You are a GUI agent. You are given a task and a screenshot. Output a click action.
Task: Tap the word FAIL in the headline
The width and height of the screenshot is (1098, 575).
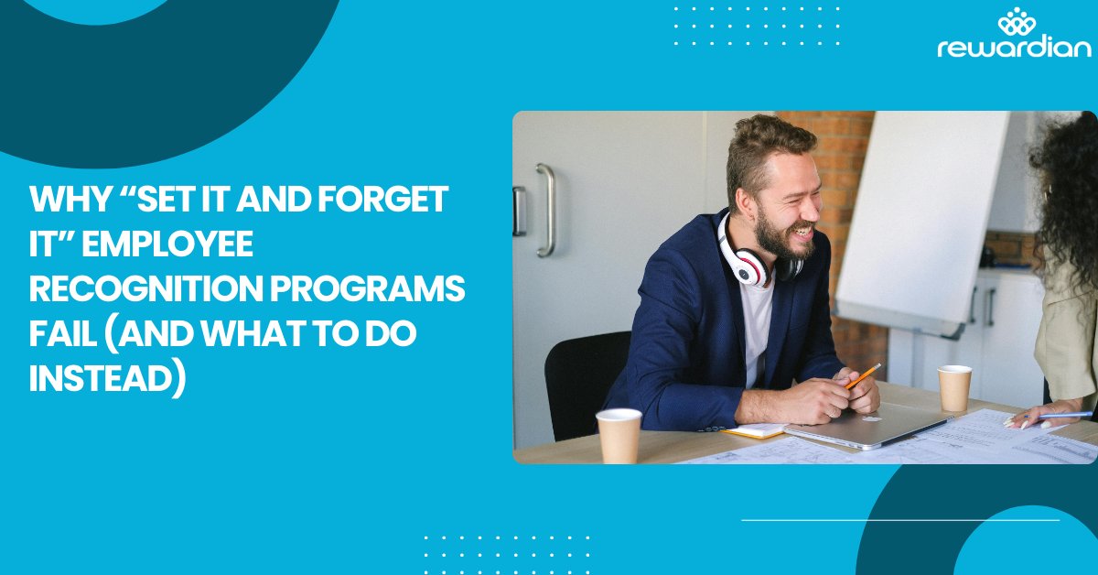pos(65,335)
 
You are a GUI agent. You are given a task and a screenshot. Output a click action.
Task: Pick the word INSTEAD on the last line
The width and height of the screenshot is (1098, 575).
pos(101,379)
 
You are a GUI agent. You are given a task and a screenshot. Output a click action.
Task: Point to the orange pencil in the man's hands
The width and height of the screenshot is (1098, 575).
pos(863,375)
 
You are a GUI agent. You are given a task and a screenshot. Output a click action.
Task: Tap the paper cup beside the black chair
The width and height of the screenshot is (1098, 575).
pos(619,435)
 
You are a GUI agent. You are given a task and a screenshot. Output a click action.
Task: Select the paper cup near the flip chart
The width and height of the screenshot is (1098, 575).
pos(954,387)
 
